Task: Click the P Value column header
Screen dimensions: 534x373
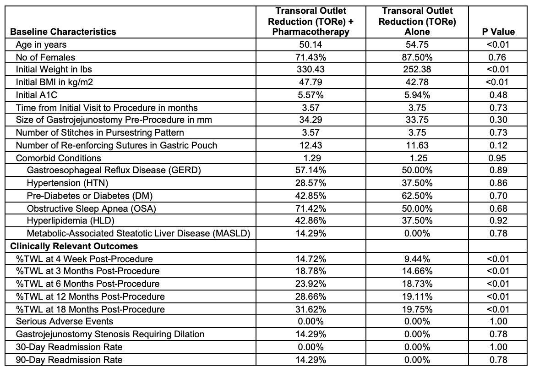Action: pyautogui.click(x=498, y=32)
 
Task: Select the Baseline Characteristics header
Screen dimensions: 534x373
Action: pyautogui.click(x=63, y=32)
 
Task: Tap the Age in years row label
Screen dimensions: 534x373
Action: pyautogui.click(x=41, y=44)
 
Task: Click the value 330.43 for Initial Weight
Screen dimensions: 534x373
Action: pyautogui.click(x=311, y=70)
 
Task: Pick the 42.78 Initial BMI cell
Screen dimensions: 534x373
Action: pyautogui.click(x=417, y=82)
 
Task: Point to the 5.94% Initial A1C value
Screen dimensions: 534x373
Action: pyautogui.click(x=417, y=95)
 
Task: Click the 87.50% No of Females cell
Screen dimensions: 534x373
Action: pyautogui.click(x=417, y=57)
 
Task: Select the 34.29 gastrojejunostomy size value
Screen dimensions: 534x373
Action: pyautogui.click(x=311, y=120)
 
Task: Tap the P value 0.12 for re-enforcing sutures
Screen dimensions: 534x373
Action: pyautogui.click(x=498, y=145)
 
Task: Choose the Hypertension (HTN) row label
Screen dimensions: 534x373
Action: pyautogui.click(x=67, y=183)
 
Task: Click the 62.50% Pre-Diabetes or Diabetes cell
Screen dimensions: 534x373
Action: pyautogui.click(x=417, y=196)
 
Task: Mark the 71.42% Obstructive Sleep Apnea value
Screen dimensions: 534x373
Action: pyautogui.click(x=311, y=208)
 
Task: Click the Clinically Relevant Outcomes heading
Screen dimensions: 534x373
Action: pyautogui.click(x=74, y=246)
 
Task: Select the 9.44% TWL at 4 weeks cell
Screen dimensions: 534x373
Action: pyautogui.click(x=417, y=259)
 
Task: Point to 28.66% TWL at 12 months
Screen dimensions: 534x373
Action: pyautogui.click(x=311, y=296)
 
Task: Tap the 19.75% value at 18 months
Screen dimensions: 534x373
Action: pyautogui.click(x=417, y=309)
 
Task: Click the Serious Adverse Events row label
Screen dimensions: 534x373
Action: pyautogui.click(x=65, y=321)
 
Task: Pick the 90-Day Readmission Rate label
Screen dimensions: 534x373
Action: pyautogui.click(x=69, y=360)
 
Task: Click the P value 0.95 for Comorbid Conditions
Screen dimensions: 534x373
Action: pyautogui.click(x=498, y=158)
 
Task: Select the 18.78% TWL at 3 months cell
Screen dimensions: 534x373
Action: pyautogui.click(x=311, y=271)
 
